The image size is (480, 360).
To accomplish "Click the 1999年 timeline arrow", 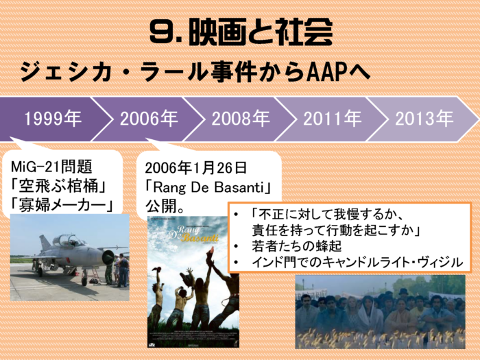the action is [x=52, y=119].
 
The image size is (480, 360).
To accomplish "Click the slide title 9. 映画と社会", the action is [x=241, y=32].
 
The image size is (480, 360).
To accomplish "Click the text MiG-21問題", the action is [x=51, y=167].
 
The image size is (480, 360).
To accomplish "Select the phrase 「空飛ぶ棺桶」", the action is [x=58, y=186].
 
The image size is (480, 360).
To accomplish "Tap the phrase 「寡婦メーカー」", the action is [x=62, y=204].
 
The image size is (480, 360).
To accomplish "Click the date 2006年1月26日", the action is [x=195, y=168].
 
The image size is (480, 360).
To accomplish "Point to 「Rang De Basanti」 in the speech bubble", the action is [x=208, y=187].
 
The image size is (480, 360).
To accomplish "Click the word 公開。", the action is [x=165, y=206].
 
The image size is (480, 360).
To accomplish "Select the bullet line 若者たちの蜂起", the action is [x=296, y=246].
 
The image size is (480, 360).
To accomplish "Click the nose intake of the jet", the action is [x=108, y=257].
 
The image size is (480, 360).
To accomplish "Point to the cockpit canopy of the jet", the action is [x=68, y=241].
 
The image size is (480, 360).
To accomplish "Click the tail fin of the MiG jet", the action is [x=45, y=243].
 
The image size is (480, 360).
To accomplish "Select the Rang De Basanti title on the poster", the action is [x=193, y=234].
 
